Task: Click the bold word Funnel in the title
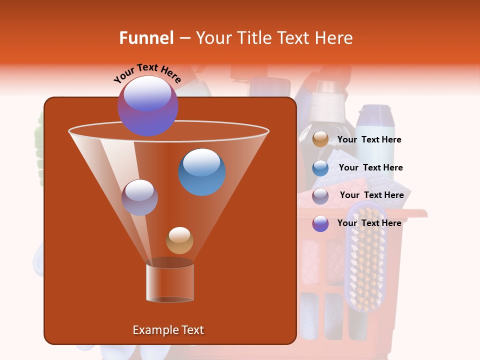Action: (146, 38)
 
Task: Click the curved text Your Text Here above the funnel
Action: (147, 72)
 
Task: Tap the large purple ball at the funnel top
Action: (147, 105)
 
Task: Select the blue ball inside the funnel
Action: (202, 172)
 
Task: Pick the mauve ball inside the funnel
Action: (139, 197)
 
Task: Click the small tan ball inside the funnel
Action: (179, 240)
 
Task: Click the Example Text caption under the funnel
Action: (168, 330)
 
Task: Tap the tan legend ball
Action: (320, 139)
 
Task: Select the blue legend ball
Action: (320, 168)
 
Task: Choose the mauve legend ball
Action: (320, 196)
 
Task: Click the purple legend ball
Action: (320, 223)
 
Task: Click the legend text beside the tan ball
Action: (369, 140)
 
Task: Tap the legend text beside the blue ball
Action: (370, 167)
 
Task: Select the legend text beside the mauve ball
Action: (371, 195)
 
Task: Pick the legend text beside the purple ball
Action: (369, 223)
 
